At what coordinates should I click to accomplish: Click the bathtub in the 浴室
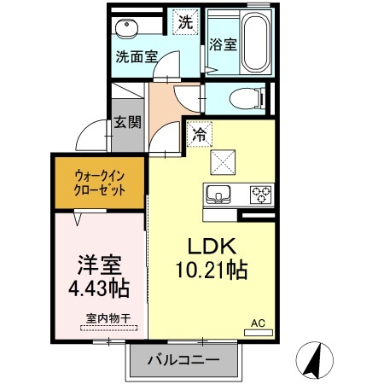(255, 42)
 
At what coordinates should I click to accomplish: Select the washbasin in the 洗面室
(127, 28)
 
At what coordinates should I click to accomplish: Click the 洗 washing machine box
(185, 22)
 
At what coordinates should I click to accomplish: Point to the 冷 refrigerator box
(200, 134)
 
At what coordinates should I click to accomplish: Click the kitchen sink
(218, 195)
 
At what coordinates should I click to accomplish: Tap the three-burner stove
(261, 195)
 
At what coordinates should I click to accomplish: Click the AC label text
(258, 323)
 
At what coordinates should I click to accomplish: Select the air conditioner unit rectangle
(259, 333)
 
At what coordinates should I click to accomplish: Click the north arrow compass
(314, 360)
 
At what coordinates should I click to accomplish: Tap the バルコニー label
(183, 360)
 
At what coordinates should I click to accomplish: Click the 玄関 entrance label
(128, 122)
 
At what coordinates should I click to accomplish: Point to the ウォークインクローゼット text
(99, 183)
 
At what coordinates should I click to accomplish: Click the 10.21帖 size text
(212, 270)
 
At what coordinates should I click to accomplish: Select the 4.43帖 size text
(99, 288)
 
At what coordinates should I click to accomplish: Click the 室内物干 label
(108, 318)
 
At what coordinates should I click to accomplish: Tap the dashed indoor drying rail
(109, 328)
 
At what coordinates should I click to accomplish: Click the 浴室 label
(223, 44)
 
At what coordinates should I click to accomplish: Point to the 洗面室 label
(137, 57)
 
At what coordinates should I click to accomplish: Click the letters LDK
(212, 247)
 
